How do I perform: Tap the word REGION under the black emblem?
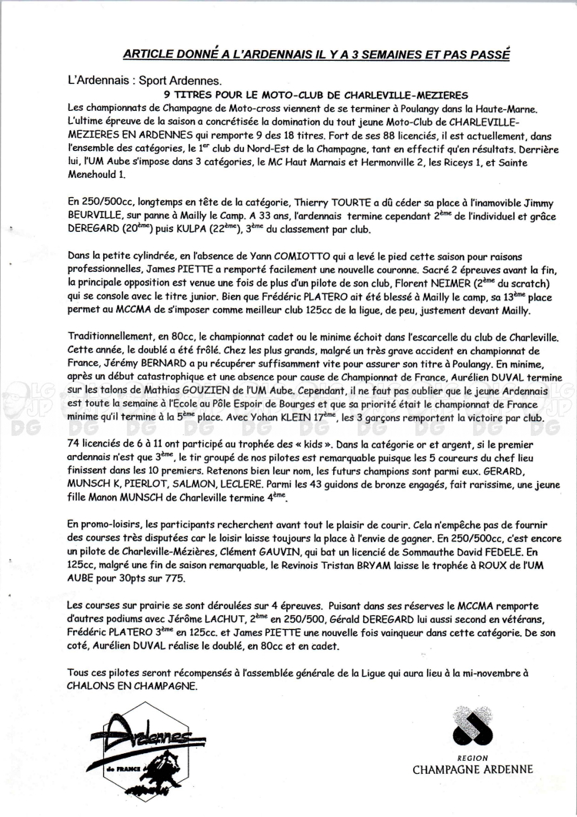pos(472,757)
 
